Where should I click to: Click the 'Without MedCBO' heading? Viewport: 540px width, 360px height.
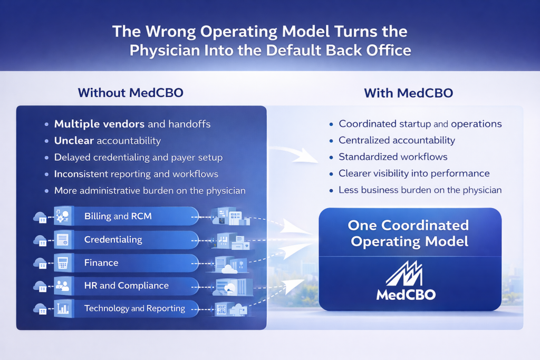click(x=131, y=93)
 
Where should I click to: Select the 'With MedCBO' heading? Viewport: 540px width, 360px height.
click(x=409, y=93)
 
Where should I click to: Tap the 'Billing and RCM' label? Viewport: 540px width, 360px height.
click(x=118, y=216)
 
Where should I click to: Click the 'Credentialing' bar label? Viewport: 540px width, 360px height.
click(x=113, y=239)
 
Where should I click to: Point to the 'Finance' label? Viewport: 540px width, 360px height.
click(x=101, y=263)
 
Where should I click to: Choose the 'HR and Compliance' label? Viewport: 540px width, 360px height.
click(x=127, y=286)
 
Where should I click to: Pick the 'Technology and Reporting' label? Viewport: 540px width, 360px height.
click(x=134, y=308)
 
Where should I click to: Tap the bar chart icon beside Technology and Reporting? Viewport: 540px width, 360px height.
click(x=63, y=308)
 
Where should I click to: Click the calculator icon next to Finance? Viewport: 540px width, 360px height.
click(x=63, y=263)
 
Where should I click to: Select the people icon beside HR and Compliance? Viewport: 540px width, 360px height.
click(x=63, y=286)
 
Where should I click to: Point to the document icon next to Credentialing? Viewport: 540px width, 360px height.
click(x=63, y=239)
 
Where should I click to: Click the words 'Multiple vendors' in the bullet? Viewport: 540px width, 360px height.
click(x=99, y=124)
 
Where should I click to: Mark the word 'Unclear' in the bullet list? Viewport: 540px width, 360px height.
click(x=74, y=140)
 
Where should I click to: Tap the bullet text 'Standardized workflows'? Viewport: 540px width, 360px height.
click(x=393, y=157)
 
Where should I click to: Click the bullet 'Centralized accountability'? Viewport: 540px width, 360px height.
click(x=397, y=140)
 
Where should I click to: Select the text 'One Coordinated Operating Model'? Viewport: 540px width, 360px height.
click(x=409, y=233)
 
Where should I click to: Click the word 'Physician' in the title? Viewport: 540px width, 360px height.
click(x=165, y=51)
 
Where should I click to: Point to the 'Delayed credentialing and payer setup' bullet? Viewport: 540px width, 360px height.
click(x=138, y=157)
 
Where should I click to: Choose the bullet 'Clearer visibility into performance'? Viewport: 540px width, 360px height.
click(x=414, y=173)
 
